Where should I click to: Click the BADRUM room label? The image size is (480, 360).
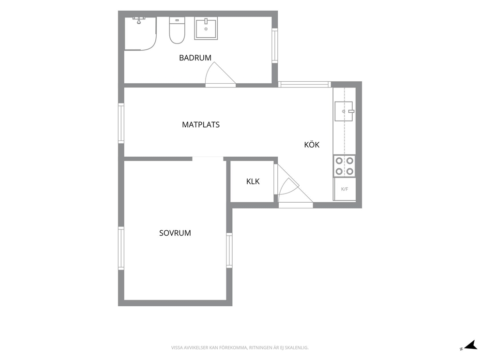coord(195,58)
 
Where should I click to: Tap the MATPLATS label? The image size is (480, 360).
coord(201,124)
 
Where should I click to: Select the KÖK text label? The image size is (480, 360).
coord(312,145)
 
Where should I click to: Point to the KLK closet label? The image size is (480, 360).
coord(253,181)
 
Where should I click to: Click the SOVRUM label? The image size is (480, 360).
coord(175,233)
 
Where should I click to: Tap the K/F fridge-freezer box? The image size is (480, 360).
coord(345,189)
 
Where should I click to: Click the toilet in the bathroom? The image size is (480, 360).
coord(177,30)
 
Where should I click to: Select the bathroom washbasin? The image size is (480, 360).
coord(206,28)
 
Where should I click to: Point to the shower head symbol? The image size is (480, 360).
coord(139,20)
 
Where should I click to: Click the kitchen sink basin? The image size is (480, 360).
coord(344,111)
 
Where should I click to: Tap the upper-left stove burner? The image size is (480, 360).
coord(339,161)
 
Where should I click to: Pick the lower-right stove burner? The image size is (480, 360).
coord(350,171)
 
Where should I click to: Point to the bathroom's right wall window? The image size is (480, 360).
coord(275,45)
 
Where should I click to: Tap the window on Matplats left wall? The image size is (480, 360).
coord(121,123)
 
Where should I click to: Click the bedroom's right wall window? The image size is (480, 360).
coord(229,251)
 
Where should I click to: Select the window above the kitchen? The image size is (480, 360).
coord(304,84)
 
